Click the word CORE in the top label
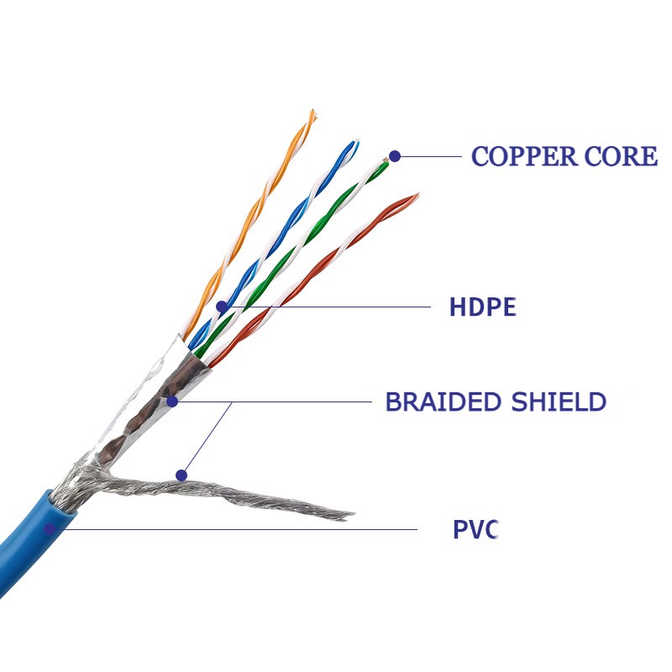tap(621, 156)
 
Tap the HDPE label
tap(482, 307)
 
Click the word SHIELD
tap(559, 402)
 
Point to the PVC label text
tap(475, 530)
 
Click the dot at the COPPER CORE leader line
tap(394, 155)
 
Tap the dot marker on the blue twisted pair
tap(221, 307)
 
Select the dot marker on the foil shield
tap(172, 402)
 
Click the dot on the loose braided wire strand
tap(181, 475)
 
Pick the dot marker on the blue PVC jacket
tap(50, 528)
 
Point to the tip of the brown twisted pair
tap(415, 197)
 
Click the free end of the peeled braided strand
tap(349, 514)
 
